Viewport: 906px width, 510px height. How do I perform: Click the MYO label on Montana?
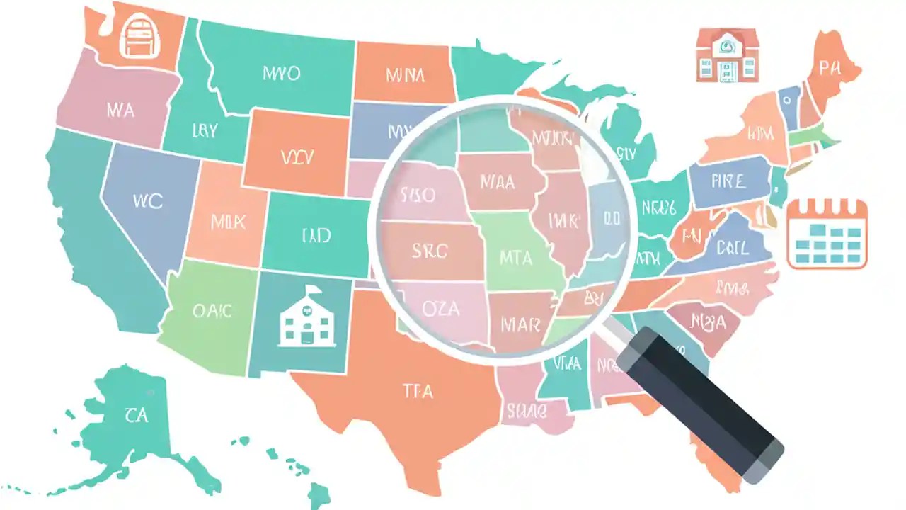pos(281,74)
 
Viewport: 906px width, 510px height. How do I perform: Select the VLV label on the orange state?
pos(297,157)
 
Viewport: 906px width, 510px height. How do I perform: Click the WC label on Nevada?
pos(147,200)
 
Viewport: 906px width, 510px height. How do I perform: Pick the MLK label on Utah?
pos(229,222)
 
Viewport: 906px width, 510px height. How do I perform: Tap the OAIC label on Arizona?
pos(212,311)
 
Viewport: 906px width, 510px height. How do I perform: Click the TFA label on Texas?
pos(418,390)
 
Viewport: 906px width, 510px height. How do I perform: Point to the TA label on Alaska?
pos(135,414)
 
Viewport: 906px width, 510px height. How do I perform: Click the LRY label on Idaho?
pos(204,130)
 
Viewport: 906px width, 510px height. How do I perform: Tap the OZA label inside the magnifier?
pos(441,309)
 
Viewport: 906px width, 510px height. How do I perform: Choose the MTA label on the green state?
pos(517,258)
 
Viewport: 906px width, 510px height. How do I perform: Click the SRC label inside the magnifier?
pos(430,249)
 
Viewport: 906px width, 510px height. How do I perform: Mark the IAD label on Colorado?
pos(316,235)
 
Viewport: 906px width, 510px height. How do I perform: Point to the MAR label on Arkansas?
pos(520,324)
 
